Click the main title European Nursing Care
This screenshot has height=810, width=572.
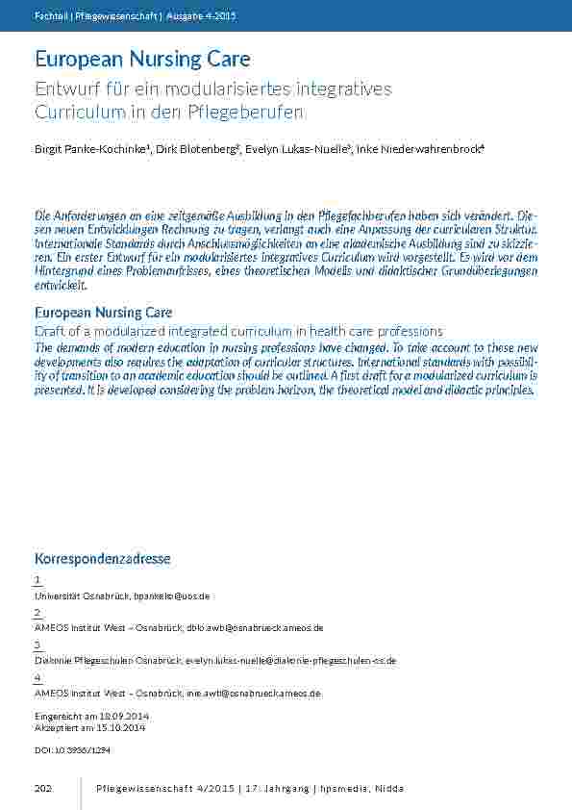point(142,60)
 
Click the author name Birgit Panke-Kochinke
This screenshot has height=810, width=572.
point(83,149)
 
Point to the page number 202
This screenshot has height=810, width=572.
point(42,790)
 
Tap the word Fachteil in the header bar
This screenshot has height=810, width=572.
point(48,17)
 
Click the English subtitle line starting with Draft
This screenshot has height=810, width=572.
point(237,331)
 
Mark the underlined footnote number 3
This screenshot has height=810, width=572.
point(37,644)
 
